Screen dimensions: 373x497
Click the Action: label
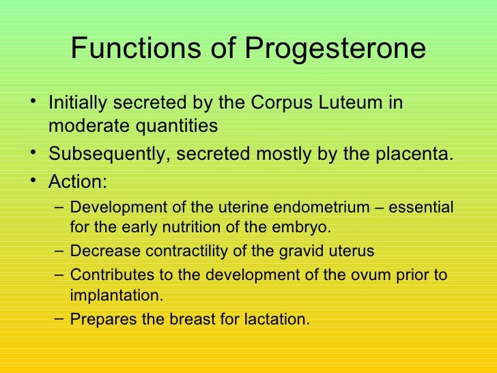[x=77, y=182]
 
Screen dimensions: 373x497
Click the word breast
[x=177, y=319]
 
